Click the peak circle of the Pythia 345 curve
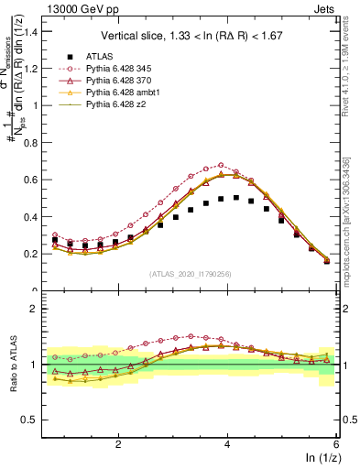[221, 166]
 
